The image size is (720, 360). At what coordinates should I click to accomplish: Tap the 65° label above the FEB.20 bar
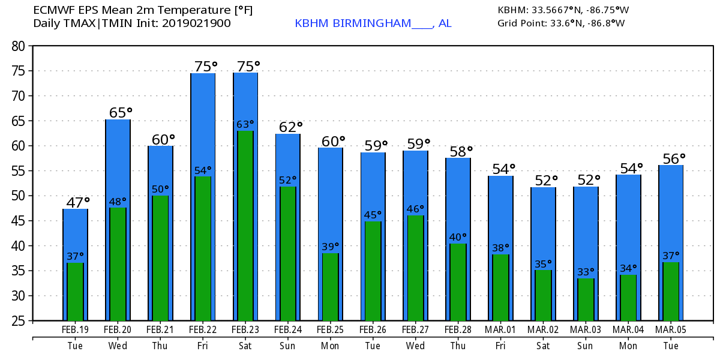pos(121,112)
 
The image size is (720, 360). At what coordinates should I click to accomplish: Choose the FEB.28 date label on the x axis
pos(458,330)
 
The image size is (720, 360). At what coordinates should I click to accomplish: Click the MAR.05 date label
pos(671,330)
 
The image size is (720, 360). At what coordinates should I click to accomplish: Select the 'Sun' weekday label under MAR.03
pos(586,346)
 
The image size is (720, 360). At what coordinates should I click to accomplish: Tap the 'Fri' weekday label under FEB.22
pos(203,346)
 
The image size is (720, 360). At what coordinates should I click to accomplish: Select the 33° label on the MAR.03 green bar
pos(585,271)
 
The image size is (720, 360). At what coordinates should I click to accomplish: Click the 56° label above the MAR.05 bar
pos(674,158)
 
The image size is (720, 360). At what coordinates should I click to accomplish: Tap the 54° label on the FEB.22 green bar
pos(203,170)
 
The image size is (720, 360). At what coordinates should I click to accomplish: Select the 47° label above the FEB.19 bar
pos(78,202)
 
